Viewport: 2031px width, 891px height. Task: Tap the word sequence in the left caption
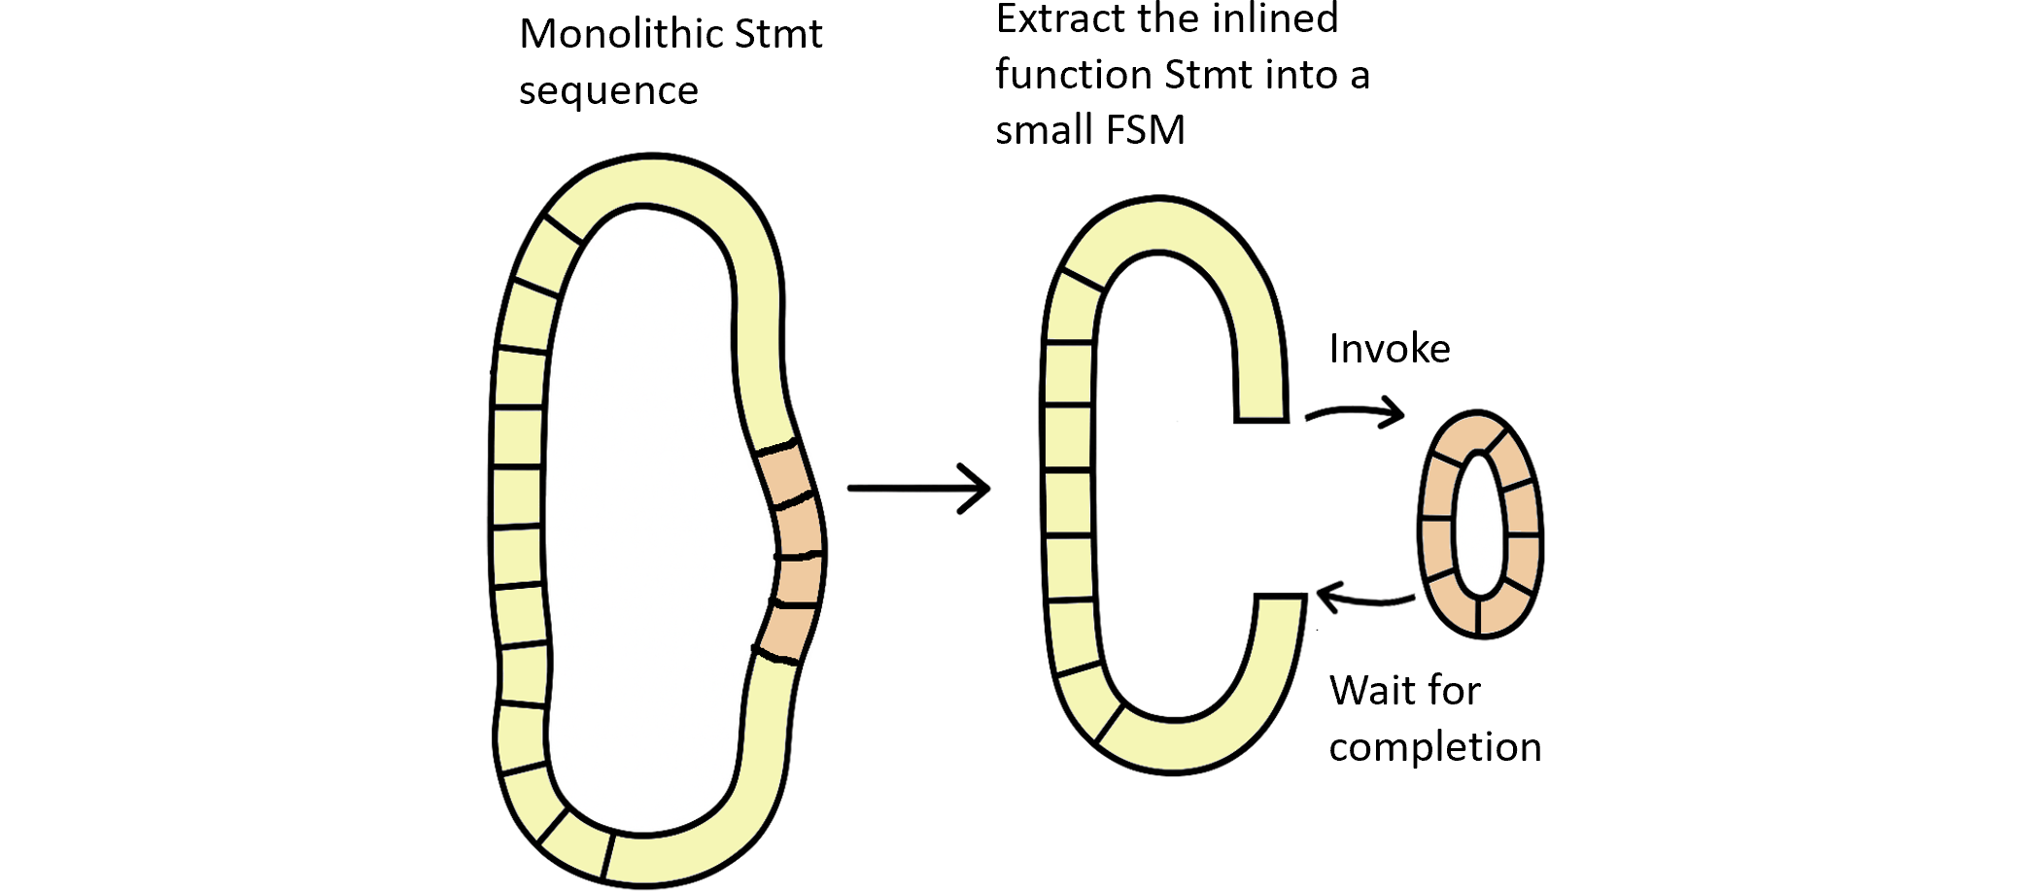(x=608, y=91)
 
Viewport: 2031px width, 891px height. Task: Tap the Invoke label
(x=1390, y=349)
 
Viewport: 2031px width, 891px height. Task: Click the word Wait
(x=1369, y=691)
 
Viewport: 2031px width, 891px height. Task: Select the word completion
(x=1434, y=747)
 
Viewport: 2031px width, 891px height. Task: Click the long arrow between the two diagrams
(x=918, y=487)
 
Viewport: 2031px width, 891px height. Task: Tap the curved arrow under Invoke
(x=1355, y=413)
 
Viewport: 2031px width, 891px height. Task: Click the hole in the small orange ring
(x=1479, y=524)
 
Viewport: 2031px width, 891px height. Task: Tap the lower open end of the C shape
(x=1280, y=612)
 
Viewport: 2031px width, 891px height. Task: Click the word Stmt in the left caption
(x=778, y=35)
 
